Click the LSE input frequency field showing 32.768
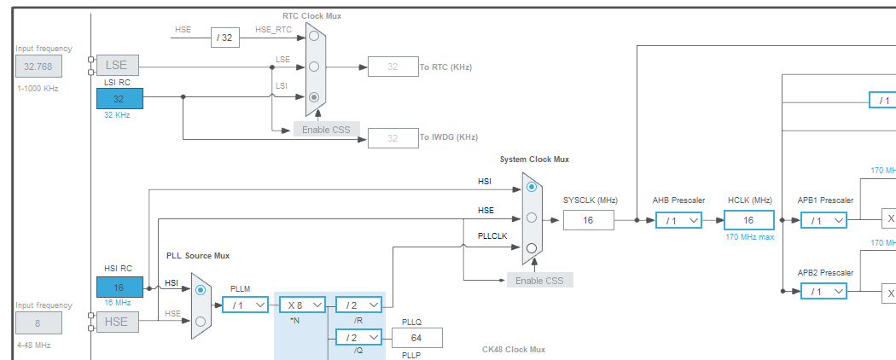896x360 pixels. (x=37, y=67)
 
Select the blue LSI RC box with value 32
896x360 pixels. (x=119, y=98)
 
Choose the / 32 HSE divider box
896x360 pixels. (x=225, y=37)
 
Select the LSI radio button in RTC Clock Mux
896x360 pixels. (x=314, y=97)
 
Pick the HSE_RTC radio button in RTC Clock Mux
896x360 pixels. (x=314, y=36)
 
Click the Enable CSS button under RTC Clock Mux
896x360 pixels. (x=327, y=129)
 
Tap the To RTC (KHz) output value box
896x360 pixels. (x=393, y=67)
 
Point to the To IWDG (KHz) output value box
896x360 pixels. (x=393, y=137)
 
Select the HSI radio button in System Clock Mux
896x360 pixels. (x=532, y=186)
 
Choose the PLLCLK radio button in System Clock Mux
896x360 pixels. (x=532, y=248)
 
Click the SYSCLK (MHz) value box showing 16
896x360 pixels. (x=588, y=220)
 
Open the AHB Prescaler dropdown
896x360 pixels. (x=678, y=220)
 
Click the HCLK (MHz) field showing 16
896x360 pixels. (x=748, y=220)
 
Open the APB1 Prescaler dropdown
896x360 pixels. (x=823, y=220)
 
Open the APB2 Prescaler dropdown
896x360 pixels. (x=823, y=291)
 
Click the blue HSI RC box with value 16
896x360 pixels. (x=119, y=287)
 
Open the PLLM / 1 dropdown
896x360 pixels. (x=245, y=305)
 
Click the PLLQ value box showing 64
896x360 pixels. (x=416, y=337)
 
